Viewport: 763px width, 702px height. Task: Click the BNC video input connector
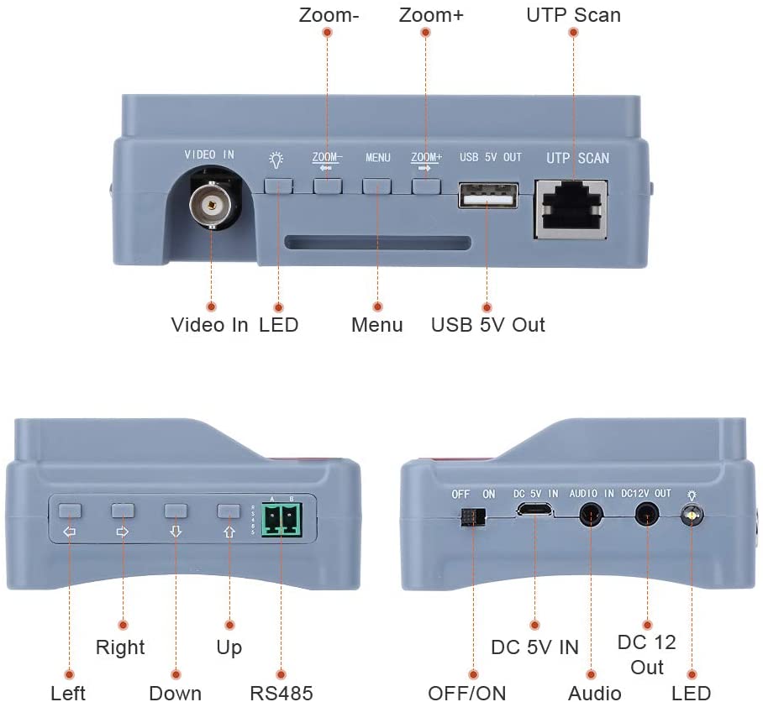(212, 205)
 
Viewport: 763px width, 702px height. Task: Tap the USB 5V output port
(487, 196)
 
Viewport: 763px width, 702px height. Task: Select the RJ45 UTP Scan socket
(571, 210)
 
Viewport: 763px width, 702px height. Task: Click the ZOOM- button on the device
(328, 186)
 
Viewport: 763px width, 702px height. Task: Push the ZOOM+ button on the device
(426, 186)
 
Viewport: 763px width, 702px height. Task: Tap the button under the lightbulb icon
(278, 186)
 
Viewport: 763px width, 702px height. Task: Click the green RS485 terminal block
(282, 520)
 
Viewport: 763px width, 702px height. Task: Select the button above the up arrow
(229, 511)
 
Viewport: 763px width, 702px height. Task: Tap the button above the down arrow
(176, 511)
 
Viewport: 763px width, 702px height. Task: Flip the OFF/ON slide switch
(473, 517)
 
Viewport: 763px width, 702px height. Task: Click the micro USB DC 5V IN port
(534, 510)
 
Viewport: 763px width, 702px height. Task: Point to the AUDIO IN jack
(592, 515)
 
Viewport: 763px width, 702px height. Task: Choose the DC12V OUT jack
(647, 515)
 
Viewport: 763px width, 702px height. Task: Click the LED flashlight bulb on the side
(692, 515)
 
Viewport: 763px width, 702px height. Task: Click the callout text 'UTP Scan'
(574, 15)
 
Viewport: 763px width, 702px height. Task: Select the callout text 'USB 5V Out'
(487, 325)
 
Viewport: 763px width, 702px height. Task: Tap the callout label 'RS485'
(282, 693)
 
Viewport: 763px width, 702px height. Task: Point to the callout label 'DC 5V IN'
(534, 647)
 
